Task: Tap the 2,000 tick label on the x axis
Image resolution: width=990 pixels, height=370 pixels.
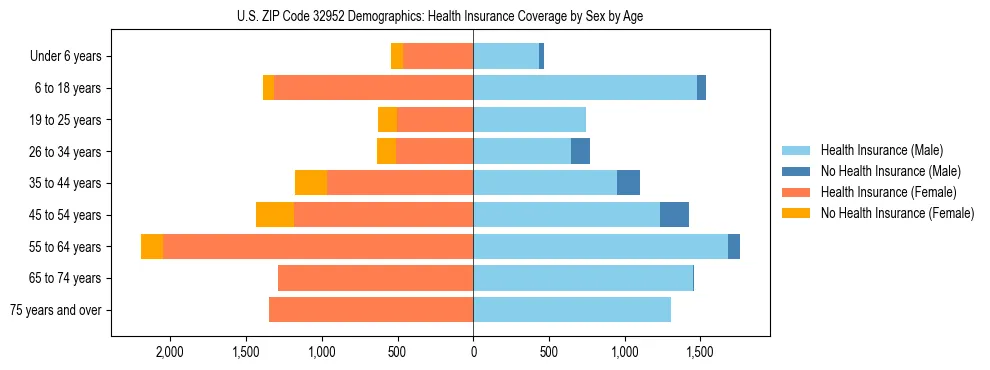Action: click(x=168, y=352)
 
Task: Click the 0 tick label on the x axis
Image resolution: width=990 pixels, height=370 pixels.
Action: click(x=473, y=352)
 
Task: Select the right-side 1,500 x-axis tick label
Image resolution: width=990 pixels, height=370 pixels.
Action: click(x=699, y=352)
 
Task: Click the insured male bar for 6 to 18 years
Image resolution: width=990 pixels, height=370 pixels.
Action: click(x=585, y=88)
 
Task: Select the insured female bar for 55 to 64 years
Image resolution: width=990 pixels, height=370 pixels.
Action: click(x=318, y=247)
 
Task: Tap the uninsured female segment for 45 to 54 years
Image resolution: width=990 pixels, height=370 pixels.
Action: click(x=275, y=215)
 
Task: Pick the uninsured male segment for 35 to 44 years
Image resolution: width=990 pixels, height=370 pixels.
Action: click(x=628, y=183)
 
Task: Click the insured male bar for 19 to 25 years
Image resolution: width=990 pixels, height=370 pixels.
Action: click(x=529, y=120)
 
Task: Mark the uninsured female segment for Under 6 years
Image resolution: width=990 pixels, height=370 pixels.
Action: click(x=397, y=57)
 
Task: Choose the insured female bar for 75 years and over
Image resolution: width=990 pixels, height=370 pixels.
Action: click(x=371, y=310)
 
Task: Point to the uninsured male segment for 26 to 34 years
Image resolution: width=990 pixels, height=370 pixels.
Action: click(x=580, y=152)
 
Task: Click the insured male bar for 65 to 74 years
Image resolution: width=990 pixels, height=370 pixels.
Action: click(x=583, y=278)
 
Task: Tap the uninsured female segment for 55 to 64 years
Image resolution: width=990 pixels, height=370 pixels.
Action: click(x=152, y=247)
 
